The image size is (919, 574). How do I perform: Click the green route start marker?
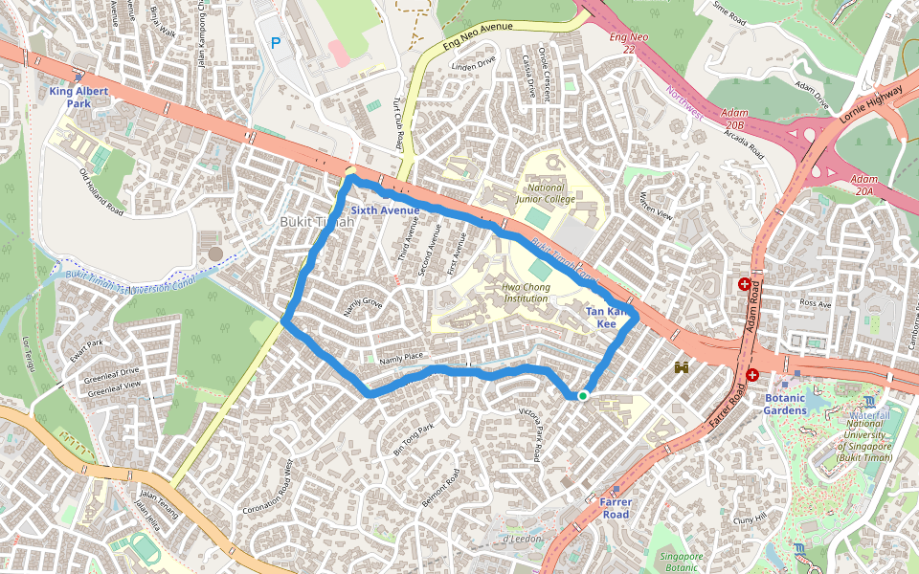(582, 395)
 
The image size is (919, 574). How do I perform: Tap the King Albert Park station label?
(80, 97)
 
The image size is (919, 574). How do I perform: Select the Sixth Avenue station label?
(385, 210)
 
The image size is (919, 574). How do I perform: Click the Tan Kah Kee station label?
(607, 318)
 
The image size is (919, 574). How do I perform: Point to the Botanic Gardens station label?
(791, 404)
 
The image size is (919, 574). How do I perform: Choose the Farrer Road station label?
(615, 508)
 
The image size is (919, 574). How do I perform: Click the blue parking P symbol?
(277, 43)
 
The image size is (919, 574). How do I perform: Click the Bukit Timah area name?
(316, 222)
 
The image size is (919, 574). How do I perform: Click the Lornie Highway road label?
(871, 102)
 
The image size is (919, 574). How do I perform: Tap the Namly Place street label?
(401, 359)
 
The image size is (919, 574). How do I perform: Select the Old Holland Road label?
(101, 192)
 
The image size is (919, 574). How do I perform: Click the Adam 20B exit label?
(734, 119)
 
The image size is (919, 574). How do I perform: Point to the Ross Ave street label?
(817, 303)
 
